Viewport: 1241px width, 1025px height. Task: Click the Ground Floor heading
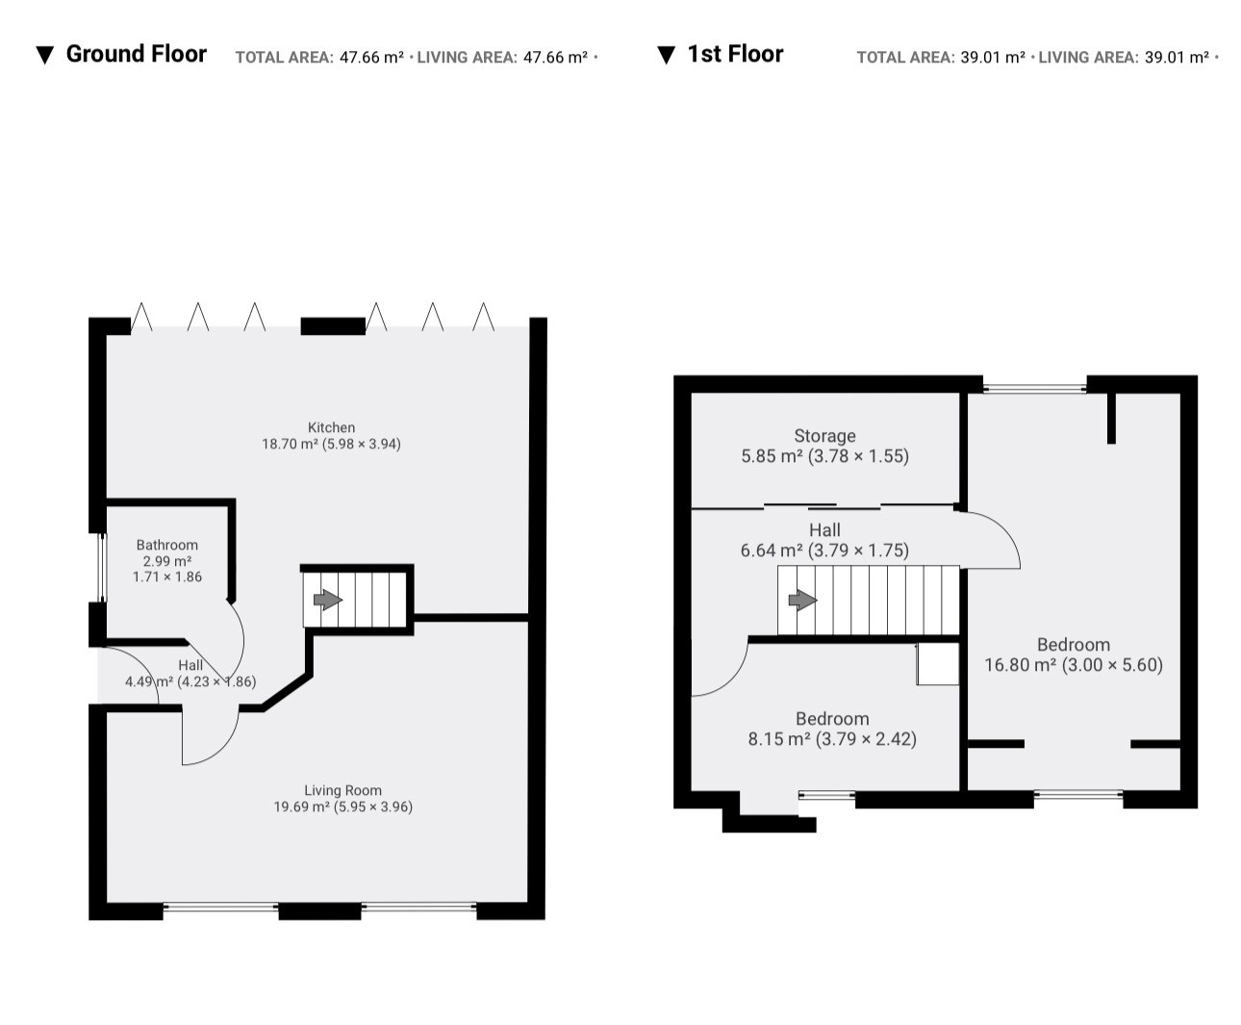[136, 54]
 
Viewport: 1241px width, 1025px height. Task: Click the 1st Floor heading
[735, 54]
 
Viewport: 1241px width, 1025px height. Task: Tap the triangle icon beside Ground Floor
[44, 55]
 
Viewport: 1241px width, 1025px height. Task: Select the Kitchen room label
[331, 427]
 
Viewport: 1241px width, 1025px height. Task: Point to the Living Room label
[342, 790]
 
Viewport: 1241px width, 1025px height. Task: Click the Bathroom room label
[167, 545]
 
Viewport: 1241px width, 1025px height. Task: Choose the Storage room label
[825, 436]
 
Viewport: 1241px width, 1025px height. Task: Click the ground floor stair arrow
[327, 600]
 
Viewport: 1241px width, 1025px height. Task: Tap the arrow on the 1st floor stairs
[802, 601]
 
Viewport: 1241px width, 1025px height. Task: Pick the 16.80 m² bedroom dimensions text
[1074, 665]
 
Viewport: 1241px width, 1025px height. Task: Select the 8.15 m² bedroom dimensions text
[832, 739]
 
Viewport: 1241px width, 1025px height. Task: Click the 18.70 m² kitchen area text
[331, 444]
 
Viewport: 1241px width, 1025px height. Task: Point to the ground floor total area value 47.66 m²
[371, 57]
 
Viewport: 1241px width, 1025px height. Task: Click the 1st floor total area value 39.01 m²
[993, 57]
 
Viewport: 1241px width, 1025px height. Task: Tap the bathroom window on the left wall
[102, 568]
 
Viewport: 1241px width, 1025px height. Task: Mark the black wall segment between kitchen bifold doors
[333, 326]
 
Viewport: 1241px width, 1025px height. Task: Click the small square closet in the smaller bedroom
[938, 663]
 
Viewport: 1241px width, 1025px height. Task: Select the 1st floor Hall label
[825, 529]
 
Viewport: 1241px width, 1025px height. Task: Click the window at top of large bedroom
[1035, 388]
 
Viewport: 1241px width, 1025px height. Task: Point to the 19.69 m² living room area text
[342, 807]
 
